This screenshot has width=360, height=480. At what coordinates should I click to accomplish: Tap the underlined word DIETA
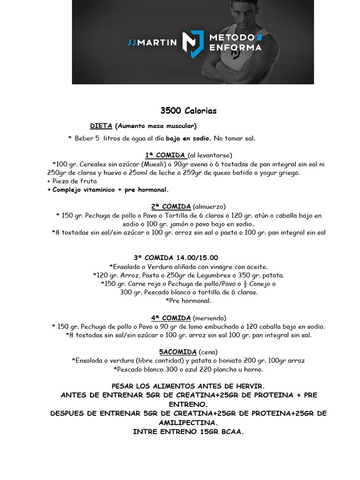101,126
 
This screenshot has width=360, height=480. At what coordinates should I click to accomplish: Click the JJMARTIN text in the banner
152,42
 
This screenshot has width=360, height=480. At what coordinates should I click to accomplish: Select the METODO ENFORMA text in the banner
236,42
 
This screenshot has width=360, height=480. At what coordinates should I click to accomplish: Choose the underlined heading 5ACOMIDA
178,352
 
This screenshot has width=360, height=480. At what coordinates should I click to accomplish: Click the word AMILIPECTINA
180,422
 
